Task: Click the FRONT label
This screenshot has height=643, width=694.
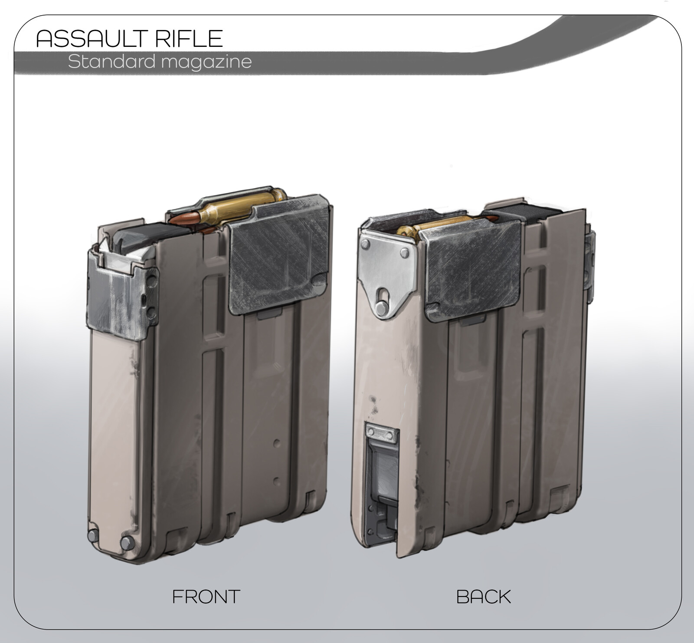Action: point(206,597)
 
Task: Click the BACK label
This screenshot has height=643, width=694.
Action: point(484,597)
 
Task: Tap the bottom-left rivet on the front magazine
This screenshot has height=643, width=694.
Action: point(92,537)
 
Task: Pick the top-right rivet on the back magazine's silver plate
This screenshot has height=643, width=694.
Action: point(404,252)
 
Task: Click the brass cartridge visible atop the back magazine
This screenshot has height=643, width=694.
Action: point(438,224)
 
